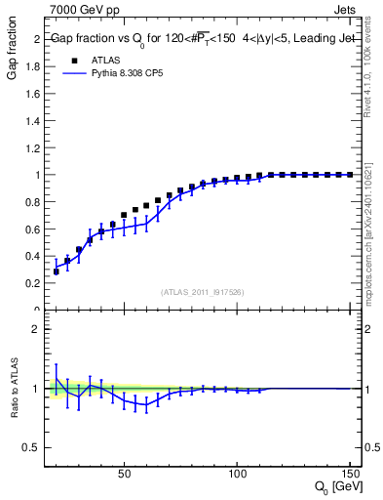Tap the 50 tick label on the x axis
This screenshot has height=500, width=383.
pyautogui.click(x=124, y=474)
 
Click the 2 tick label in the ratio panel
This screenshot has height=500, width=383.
pyautogui.click(x=35, y=329)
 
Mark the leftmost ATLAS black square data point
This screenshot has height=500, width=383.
pyautogui.click(x=56, y=271)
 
